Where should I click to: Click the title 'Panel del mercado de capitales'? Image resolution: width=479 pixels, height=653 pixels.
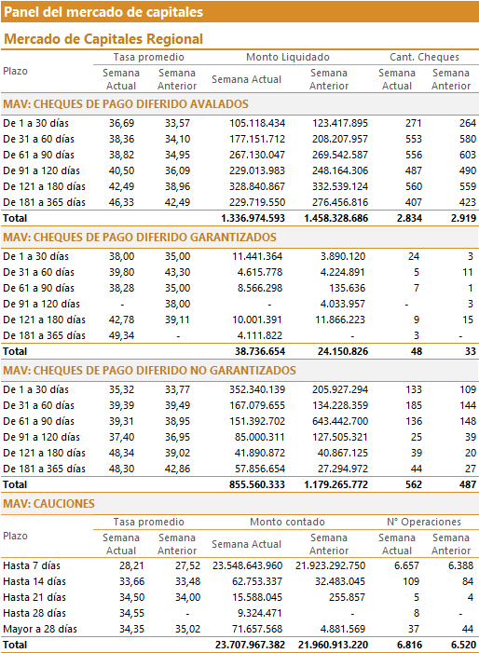point(103,12)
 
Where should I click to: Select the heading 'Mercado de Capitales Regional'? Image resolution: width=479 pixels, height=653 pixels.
point(103,39)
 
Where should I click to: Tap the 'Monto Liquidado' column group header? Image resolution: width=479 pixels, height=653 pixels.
point(288,57)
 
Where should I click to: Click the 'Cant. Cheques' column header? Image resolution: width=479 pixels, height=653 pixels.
point(424,57)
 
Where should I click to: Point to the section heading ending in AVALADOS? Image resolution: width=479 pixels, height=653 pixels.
point(126,104)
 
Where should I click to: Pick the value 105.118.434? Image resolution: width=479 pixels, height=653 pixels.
point(257,123)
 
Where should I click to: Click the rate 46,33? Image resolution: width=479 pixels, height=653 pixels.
point(122,202)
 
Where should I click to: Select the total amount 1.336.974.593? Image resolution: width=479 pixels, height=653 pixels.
point(253,218)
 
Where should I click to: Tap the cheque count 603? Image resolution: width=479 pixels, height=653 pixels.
point(468,155)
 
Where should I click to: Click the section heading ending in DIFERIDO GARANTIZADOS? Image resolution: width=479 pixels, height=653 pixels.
point(140,238)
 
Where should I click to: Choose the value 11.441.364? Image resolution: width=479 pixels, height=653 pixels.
point(257,256)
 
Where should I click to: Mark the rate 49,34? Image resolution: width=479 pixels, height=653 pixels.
point(122,335)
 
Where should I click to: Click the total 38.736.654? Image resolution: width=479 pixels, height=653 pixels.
point(260,351)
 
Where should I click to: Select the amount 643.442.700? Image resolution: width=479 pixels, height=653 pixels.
point(340,421)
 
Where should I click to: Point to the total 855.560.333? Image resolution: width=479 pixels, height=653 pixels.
point(257,484)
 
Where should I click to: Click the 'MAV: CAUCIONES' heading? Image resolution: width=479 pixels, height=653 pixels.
point(48,504)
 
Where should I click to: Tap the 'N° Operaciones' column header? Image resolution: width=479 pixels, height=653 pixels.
point(424,522)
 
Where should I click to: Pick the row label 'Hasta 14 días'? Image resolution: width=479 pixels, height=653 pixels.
point(34,582)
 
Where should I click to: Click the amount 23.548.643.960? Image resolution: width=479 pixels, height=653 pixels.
point(247,566)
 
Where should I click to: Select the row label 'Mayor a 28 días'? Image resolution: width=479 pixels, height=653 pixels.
point(40,630)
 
